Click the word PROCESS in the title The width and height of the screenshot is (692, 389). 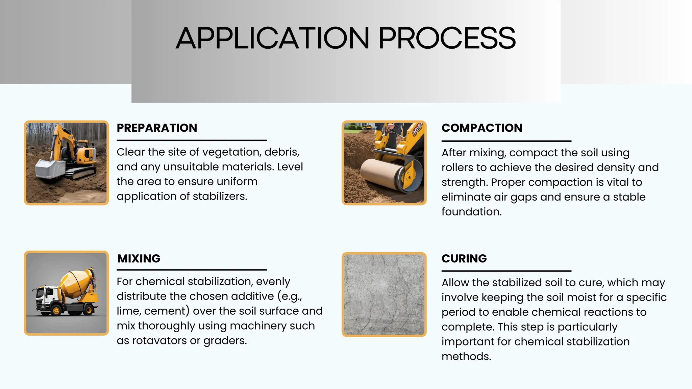coord(447,38)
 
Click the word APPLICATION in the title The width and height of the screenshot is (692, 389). coord(272,38)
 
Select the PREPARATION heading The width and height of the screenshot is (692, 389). coord(157,128)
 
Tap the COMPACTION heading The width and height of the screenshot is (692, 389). coord(482,128)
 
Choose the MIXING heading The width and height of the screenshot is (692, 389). coord(139,259)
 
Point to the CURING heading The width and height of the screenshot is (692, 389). coord(464,259)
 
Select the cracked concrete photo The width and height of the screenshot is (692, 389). coord(384,294)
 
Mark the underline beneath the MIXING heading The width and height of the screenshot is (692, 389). coord(192,270)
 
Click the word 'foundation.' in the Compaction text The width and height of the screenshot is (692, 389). coord(471,212)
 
